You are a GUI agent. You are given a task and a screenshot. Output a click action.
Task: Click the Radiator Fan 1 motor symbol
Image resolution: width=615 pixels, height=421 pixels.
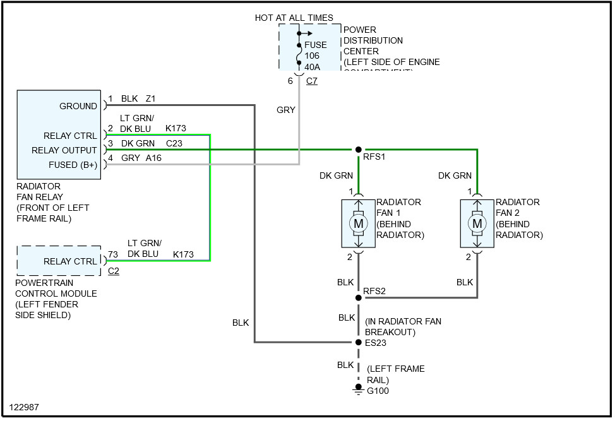click(358, 223)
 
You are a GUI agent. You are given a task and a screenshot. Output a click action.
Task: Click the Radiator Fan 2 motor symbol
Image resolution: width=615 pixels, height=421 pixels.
click(477, 223)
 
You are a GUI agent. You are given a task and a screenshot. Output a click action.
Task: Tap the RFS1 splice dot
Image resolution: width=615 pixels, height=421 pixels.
click(358, 150)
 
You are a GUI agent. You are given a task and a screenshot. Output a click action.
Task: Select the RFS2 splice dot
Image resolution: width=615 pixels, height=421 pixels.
click(358, 297)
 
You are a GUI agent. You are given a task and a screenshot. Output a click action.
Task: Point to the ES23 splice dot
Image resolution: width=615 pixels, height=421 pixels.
click(358, 343)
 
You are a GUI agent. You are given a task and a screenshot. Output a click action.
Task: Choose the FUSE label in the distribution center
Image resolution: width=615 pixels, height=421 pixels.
click(316, 45)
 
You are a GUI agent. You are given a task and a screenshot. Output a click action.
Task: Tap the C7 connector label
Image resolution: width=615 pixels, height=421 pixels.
click(311, 81)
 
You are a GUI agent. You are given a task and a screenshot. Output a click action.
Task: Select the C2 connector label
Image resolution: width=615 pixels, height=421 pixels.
click(114, 271)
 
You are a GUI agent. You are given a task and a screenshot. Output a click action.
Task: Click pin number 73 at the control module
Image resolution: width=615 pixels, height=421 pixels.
click(112, 254)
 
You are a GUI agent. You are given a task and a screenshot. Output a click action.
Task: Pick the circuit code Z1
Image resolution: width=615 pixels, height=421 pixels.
click(151, 98)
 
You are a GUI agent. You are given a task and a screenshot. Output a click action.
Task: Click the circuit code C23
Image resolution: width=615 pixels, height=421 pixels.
click(174, 143)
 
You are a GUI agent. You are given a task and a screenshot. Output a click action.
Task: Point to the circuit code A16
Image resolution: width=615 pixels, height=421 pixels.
click(154, 158)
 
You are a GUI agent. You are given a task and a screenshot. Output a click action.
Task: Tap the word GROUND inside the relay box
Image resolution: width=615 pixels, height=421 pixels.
click(78, 106)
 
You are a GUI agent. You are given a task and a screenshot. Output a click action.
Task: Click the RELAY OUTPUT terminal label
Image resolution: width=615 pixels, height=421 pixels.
click(64, 150)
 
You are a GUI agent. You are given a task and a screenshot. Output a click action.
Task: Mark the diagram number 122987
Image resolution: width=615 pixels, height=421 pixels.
click(24, 407)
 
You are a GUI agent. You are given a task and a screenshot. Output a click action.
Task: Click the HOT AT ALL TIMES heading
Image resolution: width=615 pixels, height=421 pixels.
click(294, 18)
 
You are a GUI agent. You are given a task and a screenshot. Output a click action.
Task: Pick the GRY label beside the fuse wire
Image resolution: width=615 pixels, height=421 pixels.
click(286, 110)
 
